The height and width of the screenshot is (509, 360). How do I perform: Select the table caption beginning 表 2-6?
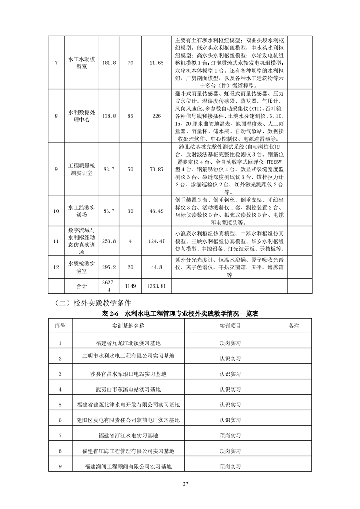pyautogui.click(x=180, y=313)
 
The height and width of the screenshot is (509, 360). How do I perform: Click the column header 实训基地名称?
pyautogui.click(x=128, y=326)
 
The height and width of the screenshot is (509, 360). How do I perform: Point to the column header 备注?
pyautogui.click(x=294, y=326)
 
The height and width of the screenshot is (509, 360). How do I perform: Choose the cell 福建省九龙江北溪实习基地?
pyautogui.click(x=128, y=343)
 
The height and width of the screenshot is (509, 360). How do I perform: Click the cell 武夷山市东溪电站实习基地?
pyautogui.click(x=128, y=389)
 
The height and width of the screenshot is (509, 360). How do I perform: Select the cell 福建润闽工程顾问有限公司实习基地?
pyautogui.click(x=128, y=466)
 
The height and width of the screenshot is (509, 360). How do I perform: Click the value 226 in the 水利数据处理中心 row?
pyautogui.click(x=156, y=116)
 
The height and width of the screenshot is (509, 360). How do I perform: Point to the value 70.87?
pyautogui.click(x=156, y=169)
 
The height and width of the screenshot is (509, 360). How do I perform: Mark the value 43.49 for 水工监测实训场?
pyautogui.click(x=156, y=211)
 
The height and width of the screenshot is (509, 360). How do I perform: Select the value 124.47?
pyautogui.click(x=156, y=241)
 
